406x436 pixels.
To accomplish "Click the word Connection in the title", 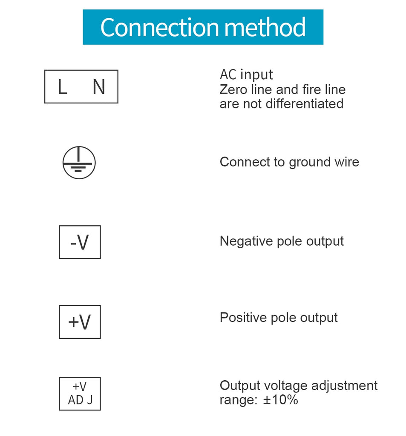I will point(160,27).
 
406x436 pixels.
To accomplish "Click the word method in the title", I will point(265,27).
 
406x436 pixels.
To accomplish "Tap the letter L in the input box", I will point(62,87).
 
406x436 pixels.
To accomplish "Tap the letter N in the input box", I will point(99,87).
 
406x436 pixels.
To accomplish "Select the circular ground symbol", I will point(79,163).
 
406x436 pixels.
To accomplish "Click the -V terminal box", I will point(80,242).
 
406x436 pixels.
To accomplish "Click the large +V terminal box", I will point(80,322).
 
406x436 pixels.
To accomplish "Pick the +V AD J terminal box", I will point(80,393).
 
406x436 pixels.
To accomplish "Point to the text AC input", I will point(246,75).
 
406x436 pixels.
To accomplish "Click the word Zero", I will point(233,90).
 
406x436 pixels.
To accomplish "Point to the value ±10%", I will point(280,400).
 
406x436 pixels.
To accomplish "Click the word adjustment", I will point(344,386).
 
